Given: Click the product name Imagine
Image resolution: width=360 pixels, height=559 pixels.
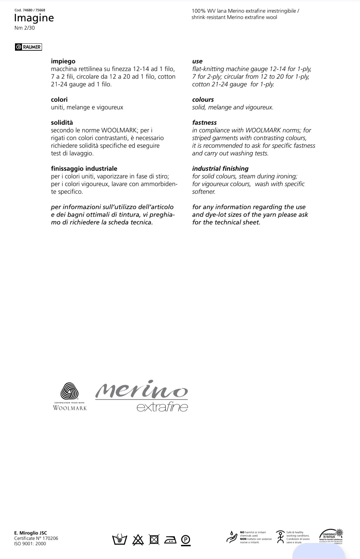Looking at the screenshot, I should (34, 18).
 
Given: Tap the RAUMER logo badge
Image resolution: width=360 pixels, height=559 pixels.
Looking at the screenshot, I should (29, 47).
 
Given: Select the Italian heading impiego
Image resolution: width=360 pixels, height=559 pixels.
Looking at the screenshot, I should (63, 61).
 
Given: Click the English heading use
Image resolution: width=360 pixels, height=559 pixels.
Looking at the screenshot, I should (197, 61).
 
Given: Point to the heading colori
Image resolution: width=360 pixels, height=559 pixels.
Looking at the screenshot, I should (59, 100).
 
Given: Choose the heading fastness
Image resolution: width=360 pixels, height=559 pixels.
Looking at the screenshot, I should (204, 123).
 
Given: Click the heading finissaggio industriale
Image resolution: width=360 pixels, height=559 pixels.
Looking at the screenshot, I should (84, 169).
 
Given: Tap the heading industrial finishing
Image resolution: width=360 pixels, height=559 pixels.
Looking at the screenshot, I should (220, 169).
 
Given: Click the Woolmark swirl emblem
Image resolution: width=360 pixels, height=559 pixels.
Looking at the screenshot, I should (69, 391).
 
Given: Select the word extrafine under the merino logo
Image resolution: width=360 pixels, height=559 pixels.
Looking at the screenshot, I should (162, 407).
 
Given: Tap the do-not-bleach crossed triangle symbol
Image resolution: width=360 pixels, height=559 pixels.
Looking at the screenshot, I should (138, 539).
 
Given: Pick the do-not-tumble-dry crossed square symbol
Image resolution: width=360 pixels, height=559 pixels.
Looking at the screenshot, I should (154, 539).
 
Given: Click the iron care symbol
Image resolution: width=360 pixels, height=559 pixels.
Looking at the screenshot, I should (170, 539).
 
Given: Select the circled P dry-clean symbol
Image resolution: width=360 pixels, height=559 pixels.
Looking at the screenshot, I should (186, 539).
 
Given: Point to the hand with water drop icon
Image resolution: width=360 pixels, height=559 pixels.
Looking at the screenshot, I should (231, 537).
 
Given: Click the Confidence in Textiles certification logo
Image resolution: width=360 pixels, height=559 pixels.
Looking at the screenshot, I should (331, 536).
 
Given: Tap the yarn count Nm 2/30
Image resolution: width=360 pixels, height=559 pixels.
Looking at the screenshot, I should (25, 28).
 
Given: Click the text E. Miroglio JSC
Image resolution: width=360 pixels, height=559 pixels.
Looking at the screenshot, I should (31, 533).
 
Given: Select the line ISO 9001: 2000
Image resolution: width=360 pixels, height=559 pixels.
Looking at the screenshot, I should (30, 544).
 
